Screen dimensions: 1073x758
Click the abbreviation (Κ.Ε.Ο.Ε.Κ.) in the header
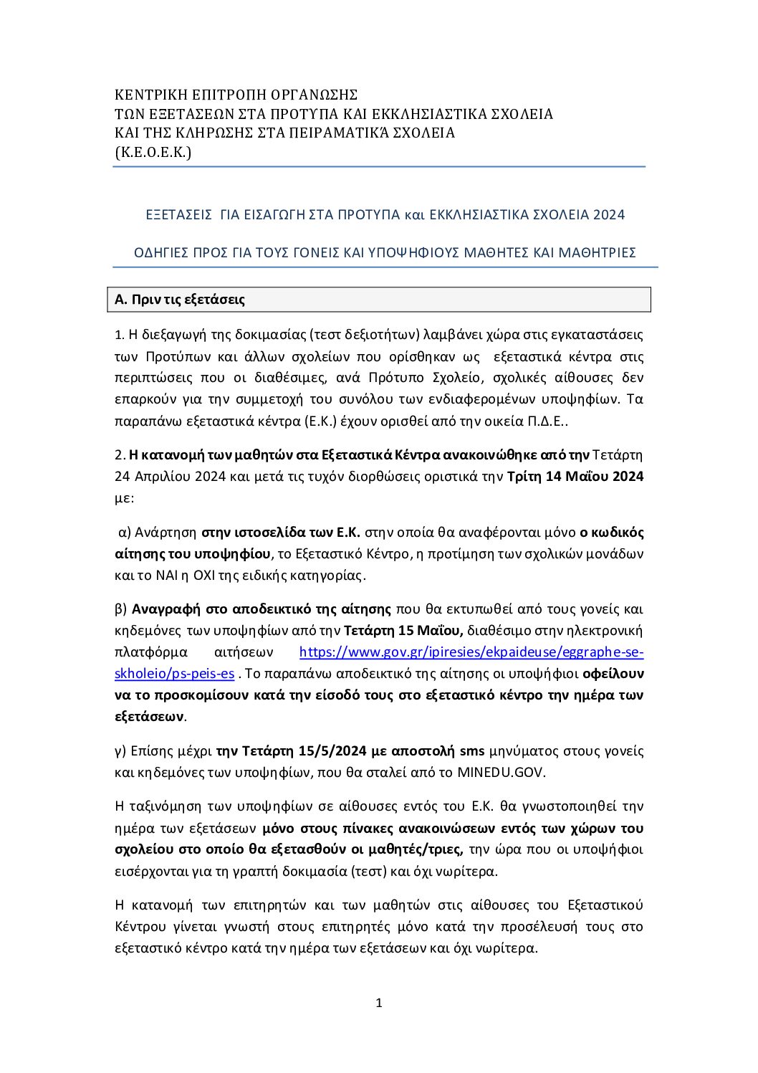tap(153, 152)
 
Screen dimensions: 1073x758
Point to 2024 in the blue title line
tap(610, 215)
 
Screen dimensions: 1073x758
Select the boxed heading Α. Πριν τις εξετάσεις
tap(180, 300)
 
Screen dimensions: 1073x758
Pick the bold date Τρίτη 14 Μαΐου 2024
tap(575, 477)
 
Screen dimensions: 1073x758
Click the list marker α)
tap(124, 533)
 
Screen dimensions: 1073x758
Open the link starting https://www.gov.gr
tap(471, 652)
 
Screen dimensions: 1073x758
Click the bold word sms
tap(472, 751)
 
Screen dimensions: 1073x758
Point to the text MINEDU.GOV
tap(502, 773)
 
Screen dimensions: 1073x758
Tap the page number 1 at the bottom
tap(379, 1003)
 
